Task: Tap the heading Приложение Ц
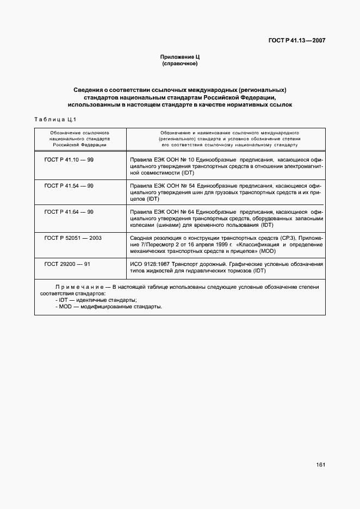pos(179,57)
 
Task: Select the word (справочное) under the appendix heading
pos(179,64)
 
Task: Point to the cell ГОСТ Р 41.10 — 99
pos(69,159)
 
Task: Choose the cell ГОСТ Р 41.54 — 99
pos(69,186)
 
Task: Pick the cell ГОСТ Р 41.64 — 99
pos(69,212)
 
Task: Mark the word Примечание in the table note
pos(80,287)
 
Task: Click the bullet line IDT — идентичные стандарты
pos(96,300)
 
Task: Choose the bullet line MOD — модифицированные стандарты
pos(108,306)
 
